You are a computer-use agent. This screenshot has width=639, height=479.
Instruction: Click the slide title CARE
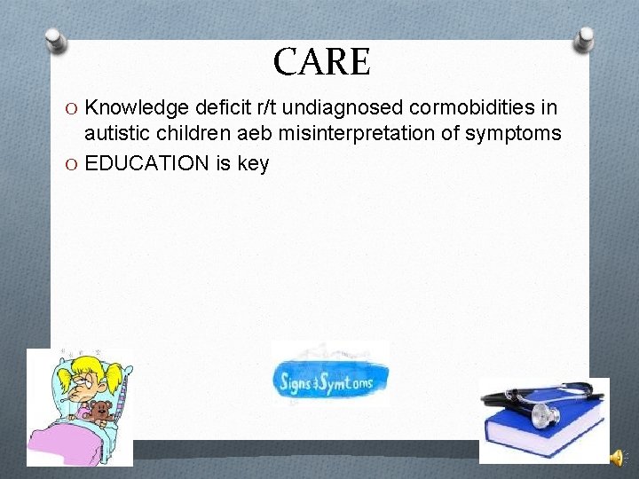pyautogui.click(x=321, y=62)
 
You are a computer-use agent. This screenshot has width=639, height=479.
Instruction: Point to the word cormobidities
pyautogui.click(x=477, y=108)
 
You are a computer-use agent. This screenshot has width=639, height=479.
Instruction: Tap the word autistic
pyautogui.click(x=115, y=134)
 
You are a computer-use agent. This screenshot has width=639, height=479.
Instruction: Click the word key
pyautogui.click(x=254, y=163)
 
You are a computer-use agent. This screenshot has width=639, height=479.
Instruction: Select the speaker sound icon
pyautogui.click(x=617, y=458)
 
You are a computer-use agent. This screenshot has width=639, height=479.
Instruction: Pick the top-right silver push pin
pyautogui.click(x=584, y=38)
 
